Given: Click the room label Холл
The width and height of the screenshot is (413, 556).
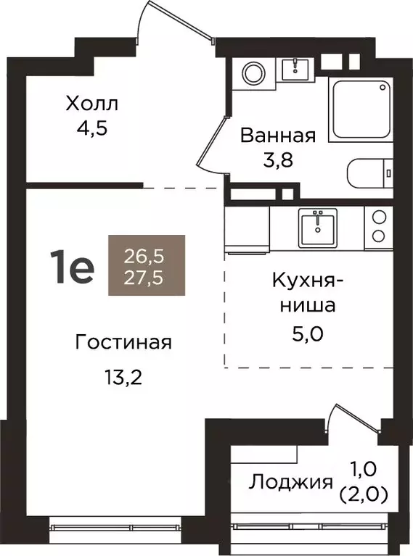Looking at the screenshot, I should coord(91,104).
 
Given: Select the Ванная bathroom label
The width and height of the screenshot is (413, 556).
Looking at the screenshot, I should coord(278,136).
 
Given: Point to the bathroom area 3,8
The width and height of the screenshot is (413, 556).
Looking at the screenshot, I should coord(278,160).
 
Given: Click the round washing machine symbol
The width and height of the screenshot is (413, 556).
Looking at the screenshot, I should coord(253,72).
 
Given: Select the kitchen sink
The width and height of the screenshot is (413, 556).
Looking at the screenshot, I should coord(318,228).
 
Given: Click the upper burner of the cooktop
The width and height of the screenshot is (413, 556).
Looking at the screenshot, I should coord(378,217).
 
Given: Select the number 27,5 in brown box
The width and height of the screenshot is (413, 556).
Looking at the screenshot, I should coord(147,279).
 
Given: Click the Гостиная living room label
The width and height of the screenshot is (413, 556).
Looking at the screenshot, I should coord(123,342).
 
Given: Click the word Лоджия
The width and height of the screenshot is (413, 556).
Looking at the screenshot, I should coord(292,481).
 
